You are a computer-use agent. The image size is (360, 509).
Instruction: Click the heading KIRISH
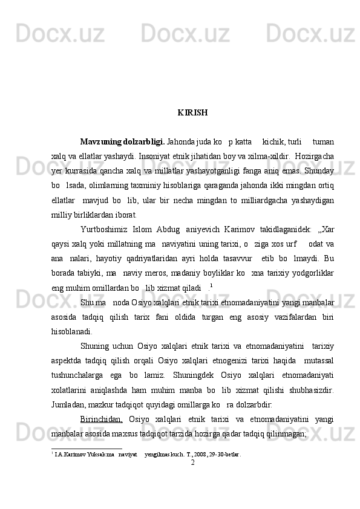click(x=193, y=113)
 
